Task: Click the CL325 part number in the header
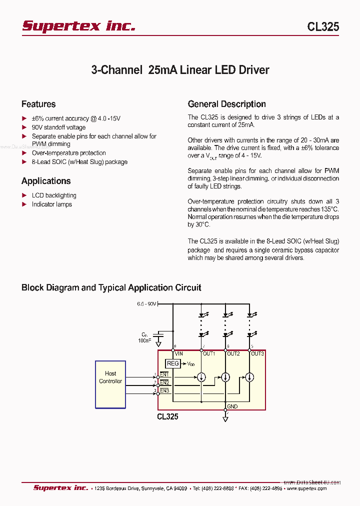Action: coord(323,27)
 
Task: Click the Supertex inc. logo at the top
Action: coord(78,26)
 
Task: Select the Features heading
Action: coord(38,104)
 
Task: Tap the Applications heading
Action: coord(46,181)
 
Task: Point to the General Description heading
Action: coord(226,104)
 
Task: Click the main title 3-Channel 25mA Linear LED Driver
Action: coord(180,70)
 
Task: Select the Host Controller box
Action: coord(110,384)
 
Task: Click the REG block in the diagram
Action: coord(172,363)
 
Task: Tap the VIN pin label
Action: coord(179,353)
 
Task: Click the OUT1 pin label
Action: coord(208,353)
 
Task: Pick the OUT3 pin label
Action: coord(257,353)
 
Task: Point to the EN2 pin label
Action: coord(164,382)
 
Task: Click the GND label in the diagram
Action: coord(232,406)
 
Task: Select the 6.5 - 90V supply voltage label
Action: coord(147,303)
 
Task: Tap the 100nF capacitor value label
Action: coord(145,340)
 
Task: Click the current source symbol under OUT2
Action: coord(225,377)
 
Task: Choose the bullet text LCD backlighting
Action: coord(54,195)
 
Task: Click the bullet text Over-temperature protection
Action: coord(68,153)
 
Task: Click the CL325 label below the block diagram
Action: coord(167,416)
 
